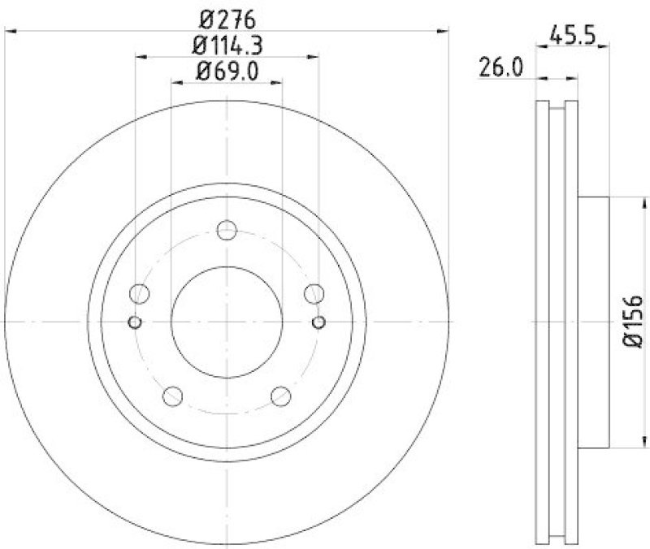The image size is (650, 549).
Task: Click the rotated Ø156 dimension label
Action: [x=634, y=322]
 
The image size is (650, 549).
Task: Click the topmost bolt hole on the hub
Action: [x=227, y=230]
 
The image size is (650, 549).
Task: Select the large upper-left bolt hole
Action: [x=141, y=293]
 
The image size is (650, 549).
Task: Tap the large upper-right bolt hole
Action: [x=314, y=293]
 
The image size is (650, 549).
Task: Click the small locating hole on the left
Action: [x=136, y=322]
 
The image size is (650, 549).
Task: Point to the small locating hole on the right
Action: [x=318, y=322]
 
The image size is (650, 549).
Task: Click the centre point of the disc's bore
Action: [x=227, y=322]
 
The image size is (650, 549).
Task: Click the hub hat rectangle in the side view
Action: [x=593, y=322]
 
